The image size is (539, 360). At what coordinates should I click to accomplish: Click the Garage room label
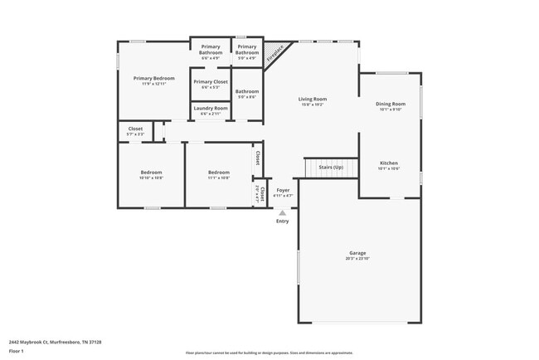pyautogui.click(x=357, y=253)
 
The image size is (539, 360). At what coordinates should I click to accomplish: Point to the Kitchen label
pyautogui.click(x=389, y=163)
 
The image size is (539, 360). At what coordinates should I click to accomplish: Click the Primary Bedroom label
pyautogui.click(x=154, y=79)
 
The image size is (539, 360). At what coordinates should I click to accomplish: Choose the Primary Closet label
pyautogui.click(x=211, y=82)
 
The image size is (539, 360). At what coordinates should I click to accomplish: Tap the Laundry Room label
pyautogui.click(x=211, y=108)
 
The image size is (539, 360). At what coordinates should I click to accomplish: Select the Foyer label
pyautogui.click(x=283, y=191)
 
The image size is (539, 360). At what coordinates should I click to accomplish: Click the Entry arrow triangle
pyautogui.click(x=283, y=213)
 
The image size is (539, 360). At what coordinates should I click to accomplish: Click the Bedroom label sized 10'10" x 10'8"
pyautogui.click(x=151, y=173)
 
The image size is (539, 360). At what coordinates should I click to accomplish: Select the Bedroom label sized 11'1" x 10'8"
pyautogui.click(x=218, y=173)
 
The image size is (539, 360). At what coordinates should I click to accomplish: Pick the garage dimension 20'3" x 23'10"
pyautogui.click(x=357, y=259)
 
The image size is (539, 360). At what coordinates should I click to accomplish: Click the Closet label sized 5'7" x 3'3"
pyautogui.click(x=135, y=129)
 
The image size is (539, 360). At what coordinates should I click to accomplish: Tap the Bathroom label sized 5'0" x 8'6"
pyautogui.click(x=246, y=92)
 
